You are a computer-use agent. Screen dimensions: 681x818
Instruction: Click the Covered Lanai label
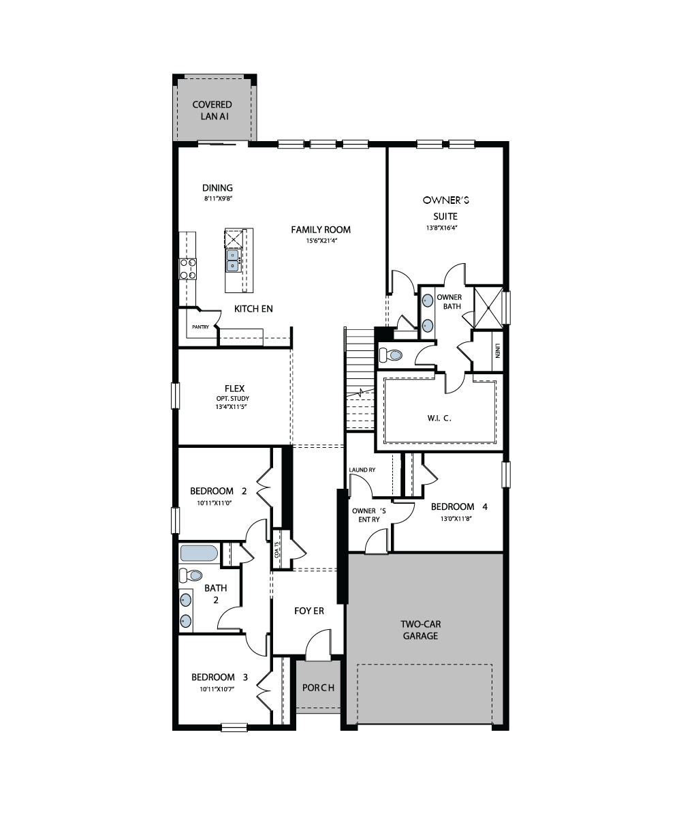(x=212, y=110)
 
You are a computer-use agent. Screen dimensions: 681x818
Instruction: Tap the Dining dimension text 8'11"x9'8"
(x=219, y=198)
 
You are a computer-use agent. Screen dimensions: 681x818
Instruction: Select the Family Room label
(x=321, y=230)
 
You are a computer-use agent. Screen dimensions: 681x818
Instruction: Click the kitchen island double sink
(x=232, y=260)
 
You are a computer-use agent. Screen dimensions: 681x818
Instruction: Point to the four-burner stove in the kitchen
(x=188, y=269)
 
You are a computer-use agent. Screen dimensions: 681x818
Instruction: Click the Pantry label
(x=200, y=327)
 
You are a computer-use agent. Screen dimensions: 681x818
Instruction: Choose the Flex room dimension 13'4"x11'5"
(x=232, y=407)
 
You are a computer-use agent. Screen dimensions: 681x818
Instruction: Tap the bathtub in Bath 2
(x=199, y=554)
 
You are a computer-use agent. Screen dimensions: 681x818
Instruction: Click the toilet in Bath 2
(x=191, y=575)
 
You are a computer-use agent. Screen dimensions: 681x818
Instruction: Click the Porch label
(x=318, y=688)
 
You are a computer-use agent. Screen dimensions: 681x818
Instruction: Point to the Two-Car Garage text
(x=420, y=630)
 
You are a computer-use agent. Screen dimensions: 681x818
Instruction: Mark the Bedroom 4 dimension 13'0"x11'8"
(x=456, y=519)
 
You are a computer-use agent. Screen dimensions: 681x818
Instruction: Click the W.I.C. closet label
(x=439, y=418)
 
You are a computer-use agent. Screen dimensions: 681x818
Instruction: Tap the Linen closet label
(x=497, y=350)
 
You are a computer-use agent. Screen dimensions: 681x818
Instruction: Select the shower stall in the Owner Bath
(x=488, y=307)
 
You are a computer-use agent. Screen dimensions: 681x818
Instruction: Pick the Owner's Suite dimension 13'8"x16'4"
(x=442, y=228)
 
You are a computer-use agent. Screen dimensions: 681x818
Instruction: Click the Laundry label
(x=362, y=470)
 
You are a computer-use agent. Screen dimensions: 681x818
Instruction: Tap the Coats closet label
(x=277, y=549)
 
